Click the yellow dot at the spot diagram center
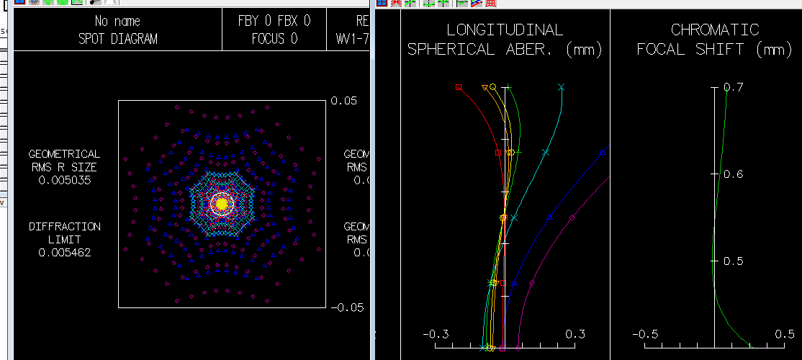pos(222,204)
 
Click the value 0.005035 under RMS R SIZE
pos(64,180)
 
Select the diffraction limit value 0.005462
pos(64,253)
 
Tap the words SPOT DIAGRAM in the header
pos(117,39)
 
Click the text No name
pos(117,22)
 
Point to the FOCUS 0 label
pos(274,39)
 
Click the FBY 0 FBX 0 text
pos(274,22)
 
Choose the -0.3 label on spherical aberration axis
pos(436,335)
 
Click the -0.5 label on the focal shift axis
pos(646,335)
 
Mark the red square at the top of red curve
pos(459,87)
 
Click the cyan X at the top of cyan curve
pos(562,87)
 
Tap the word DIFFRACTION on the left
pos(64,227)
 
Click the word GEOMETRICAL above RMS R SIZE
pos(64,154)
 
